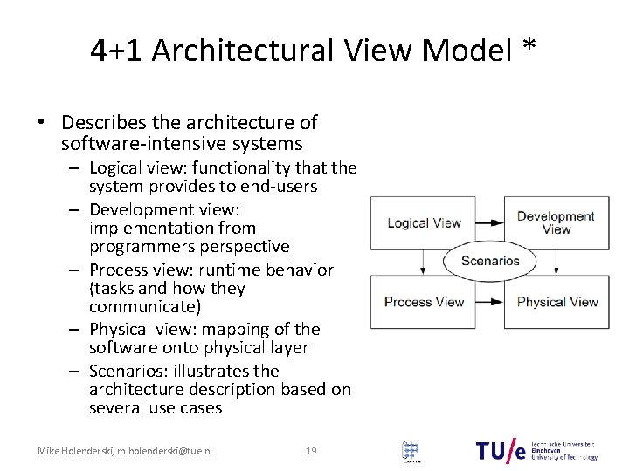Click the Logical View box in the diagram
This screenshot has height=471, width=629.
tap(424, 223)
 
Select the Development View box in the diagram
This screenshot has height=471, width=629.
tap(556, 223)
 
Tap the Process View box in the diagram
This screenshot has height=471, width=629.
tap(424, 302)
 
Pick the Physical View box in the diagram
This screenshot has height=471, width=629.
tap(556, 302)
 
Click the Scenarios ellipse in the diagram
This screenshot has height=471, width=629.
tap(490, 261)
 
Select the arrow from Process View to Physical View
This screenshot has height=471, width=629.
tap(488, 302)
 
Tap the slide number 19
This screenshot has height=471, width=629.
tap(310, 451)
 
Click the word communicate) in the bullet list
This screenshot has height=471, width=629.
tap(145, 307)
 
